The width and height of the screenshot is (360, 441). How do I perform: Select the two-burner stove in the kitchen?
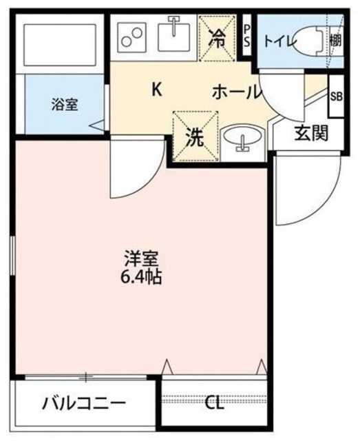(x=131, y=36)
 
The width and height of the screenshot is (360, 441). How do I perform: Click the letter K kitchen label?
(x=157, y=89)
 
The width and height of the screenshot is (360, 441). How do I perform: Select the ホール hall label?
(x=236, y=90)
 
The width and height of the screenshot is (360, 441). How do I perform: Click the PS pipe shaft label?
(x=248, y=35)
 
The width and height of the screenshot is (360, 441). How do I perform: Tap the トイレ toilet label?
(x=277, y=41)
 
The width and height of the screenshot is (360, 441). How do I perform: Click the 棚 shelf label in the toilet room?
(x=335, y=41)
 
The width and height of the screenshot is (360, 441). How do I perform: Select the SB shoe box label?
(x=336, y=97)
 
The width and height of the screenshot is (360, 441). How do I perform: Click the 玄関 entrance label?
(x=310, y=134)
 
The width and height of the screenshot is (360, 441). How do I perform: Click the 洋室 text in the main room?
(x=142, y=259)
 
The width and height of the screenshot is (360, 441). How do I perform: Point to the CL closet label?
(x=216, y=403)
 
